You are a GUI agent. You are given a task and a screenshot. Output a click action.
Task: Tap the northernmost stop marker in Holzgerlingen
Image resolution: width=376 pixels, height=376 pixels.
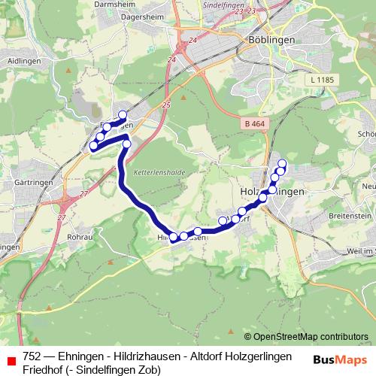pyautogui.click(x=283, y=163)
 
